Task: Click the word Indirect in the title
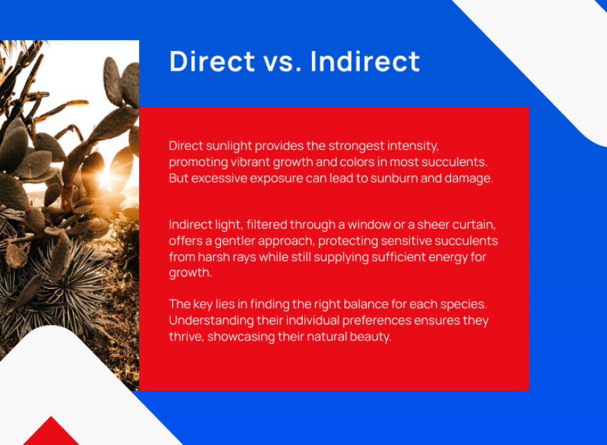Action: tap(365, 61)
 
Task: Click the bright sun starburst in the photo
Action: tap(104, 176)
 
